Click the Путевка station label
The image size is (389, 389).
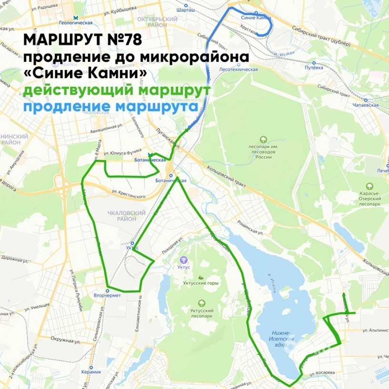click(x=314, y=68)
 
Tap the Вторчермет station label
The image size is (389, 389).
click(x=107, y=295)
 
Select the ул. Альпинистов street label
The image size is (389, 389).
click(x=375, y=329)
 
